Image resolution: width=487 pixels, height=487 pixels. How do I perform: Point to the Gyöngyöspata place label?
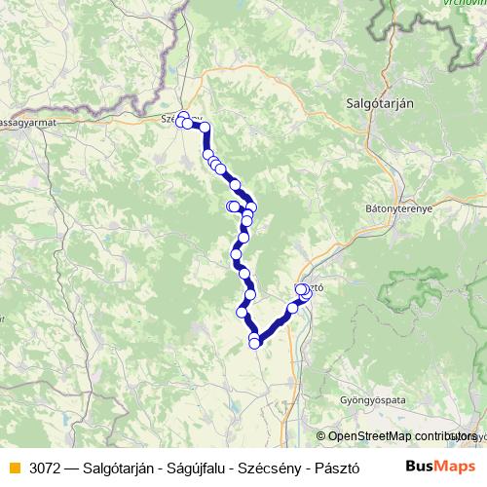[x=371, y=400]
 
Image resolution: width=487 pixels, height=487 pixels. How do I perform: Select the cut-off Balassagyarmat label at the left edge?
[x=27, y=124]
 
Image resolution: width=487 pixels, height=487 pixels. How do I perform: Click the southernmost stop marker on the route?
[x=255, y=342]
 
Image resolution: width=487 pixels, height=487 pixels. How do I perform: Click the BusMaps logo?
[x=439, y=467]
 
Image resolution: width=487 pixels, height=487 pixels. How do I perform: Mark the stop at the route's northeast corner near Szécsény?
[x=205, y=127]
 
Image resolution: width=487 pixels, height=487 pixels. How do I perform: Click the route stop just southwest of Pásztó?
[x=292, y=308]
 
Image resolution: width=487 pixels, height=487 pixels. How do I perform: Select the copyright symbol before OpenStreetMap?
[x=322, y=436]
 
